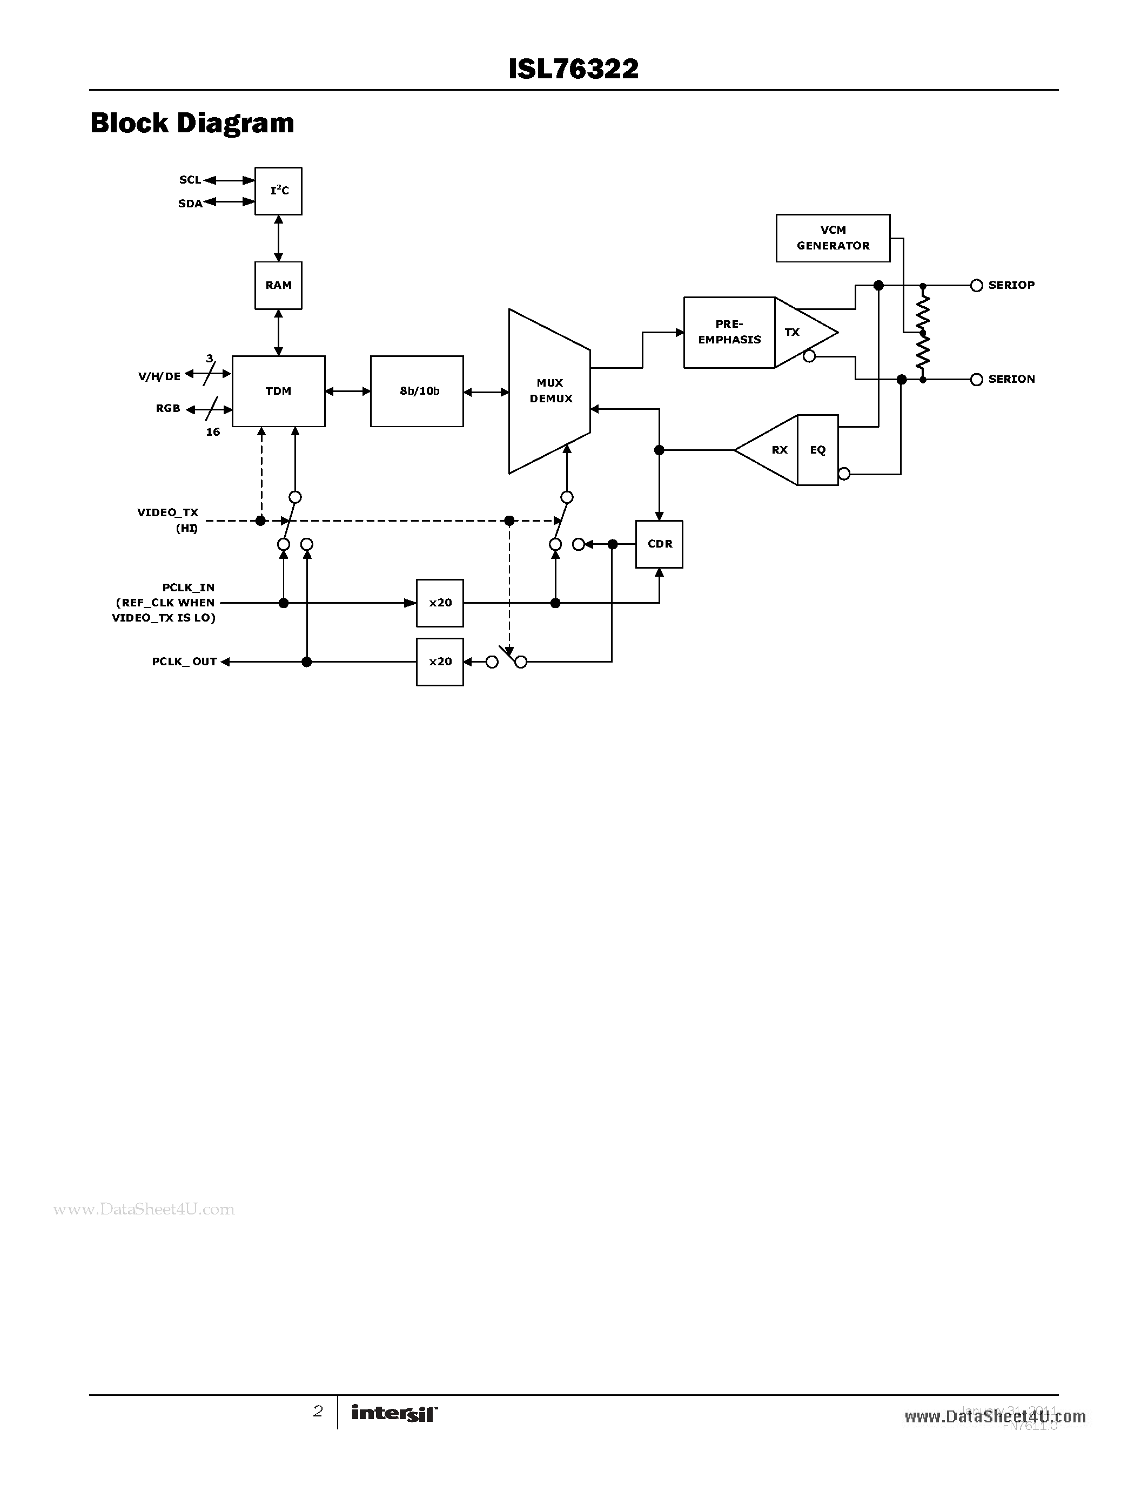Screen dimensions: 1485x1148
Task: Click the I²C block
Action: (278, 191)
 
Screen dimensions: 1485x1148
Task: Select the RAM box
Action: (278, 286)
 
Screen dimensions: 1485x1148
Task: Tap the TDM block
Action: (278, 391)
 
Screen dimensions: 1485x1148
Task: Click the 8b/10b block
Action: (417, 391)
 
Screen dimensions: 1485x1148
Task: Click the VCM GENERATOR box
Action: (833, 238)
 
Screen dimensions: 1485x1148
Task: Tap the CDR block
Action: (659, 544)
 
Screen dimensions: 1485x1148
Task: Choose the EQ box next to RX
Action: (817, 450)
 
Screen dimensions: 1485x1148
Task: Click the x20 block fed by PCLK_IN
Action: (440, 603)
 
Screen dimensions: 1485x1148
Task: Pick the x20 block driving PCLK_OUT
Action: (440, 661)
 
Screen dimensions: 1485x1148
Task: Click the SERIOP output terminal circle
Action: (977, 286)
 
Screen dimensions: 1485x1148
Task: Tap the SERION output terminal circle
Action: (977, 380)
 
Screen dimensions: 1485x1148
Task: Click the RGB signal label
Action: (168, 409)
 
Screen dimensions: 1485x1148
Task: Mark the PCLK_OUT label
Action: (184, 661)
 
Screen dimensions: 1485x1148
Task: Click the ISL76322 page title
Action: (573, 69)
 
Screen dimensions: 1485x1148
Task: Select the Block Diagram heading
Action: (192, 123)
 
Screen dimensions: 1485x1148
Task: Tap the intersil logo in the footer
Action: (394, 1413)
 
